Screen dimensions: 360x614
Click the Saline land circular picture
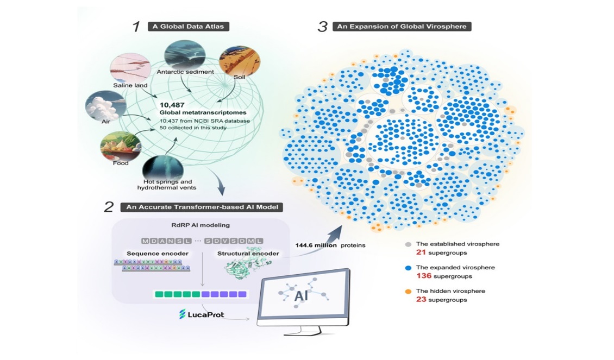(x=127, y=69)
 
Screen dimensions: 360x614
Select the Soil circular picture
(x=234, y=61)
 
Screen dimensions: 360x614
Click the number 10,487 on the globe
(x=172, y=104)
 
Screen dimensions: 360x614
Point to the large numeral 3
(x=322, y=26)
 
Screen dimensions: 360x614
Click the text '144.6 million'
(x=314, y=245)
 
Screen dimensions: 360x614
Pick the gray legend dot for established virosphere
(x=408, y=244)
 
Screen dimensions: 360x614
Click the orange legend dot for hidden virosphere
(x=408, y=291)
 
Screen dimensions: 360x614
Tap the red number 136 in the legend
(x=423, y=276)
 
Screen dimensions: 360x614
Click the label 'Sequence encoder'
(x=150, y=254)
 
